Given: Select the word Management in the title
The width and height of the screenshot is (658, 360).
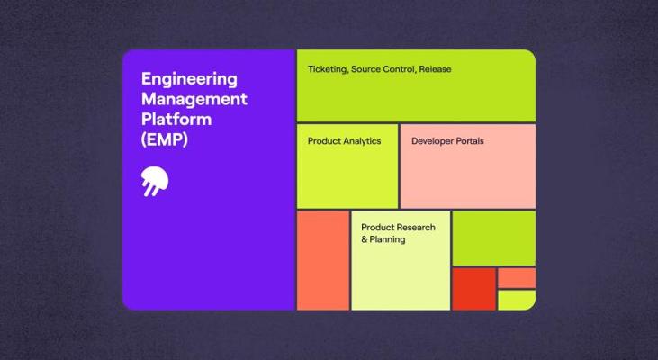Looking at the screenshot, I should tap(194, 99).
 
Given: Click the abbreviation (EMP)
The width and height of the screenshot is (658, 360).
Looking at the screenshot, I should tap(165, 139).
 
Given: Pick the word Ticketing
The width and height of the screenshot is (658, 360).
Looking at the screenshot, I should tap(326, 69).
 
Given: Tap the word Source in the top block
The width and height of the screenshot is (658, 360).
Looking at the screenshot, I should tap(368, 69).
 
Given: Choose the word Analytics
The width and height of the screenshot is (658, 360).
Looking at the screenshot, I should tap(363, 141).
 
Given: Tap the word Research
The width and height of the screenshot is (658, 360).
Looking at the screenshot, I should tap(417, 228).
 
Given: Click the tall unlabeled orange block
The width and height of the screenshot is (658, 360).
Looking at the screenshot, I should tap(322, 260).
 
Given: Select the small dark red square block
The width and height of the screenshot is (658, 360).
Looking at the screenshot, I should tap(473, 288).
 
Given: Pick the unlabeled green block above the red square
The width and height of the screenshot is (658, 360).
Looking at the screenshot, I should tap(493, 238).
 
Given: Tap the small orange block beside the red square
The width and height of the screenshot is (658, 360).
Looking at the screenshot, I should tap(517, 277).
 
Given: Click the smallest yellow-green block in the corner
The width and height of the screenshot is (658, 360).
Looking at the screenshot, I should tap(517, 300).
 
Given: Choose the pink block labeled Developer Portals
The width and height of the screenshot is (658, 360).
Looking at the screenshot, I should tap(467, 171).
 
